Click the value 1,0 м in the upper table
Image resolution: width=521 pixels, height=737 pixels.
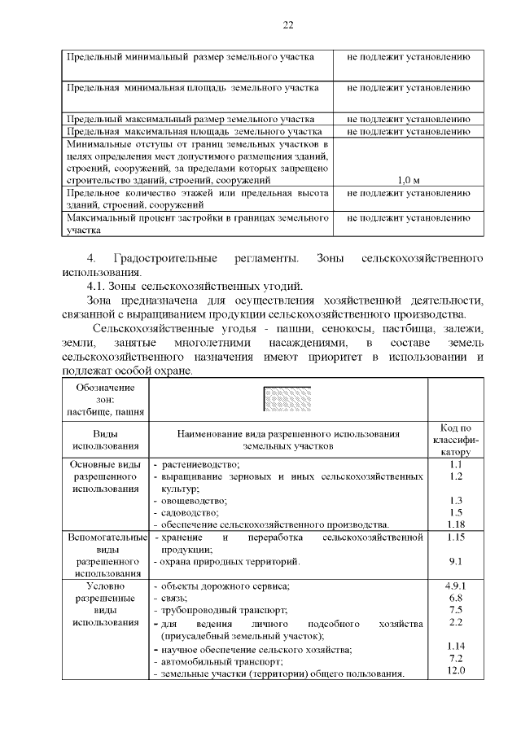point(408,179)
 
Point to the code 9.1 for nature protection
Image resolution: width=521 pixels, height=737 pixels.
point(456,561)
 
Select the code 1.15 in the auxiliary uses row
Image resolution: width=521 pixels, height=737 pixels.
point(456,538)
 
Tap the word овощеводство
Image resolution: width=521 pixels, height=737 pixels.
point(194,500)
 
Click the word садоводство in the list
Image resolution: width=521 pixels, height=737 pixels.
point(190,512)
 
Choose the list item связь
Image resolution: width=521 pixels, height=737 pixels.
point(174,598)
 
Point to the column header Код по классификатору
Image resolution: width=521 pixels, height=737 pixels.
point(456,439)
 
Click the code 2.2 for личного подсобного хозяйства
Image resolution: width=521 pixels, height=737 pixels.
point(456,622)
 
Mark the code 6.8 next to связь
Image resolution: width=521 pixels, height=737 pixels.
point(456,598)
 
